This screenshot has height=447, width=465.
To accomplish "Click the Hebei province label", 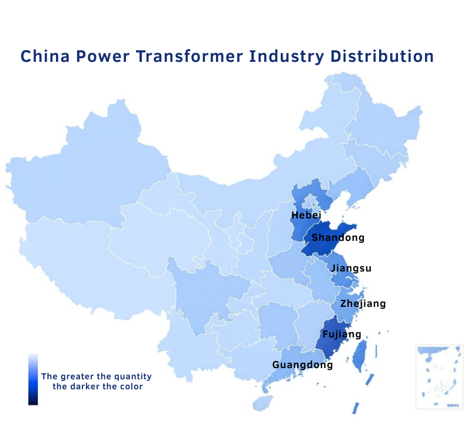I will click(306, 216).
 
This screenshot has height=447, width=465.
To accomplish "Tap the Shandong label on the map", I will click(338, 238).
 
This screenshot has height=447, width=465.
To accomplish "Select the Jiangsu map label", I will click(351, 269).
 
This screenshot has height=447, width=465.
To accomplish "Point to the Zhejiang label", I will click(363, 304).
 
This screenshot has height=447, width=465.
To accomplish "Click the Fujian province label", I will click(342, 335).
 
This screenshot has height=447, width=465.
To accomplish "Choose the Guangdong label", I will click(303, 365).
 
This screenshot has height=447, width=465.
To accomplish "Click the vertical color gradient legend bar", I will click(33, 379).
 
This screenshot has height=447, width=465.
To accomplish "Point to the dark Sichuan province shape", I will click(206, 289).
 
